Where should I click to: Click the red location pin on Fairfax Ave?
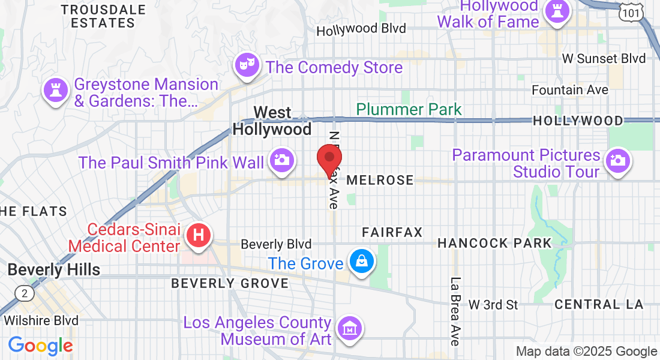[x=329, y=159]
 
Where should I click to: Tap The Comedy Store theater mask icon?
[x=247, y=63]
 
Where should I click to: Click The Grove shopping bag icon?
[x=362, y=261]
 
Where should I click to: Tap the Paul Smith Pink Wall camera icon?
[x=281, y=160]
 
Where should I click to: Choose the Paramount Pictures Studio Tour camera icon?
[x=617, y=160]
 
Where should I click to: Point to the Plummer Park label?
[x=409, y=109]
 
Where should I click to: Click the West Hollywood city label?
[x=272, y=121]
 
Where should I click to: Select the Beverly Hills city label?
[x=54, y=269]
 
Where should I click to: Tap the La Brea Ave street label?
[x=455, y=311]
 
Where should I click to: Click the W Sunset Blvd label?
[x=604, y=58]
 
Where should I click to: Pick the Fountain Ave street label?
[x=570, y=90]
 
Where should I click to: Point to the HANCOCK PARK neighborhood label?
[x=494, y=243]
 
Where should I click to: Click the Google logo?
[x=40, y=346]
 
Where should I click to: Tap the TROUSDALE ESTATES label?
[x=103, y=16]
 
